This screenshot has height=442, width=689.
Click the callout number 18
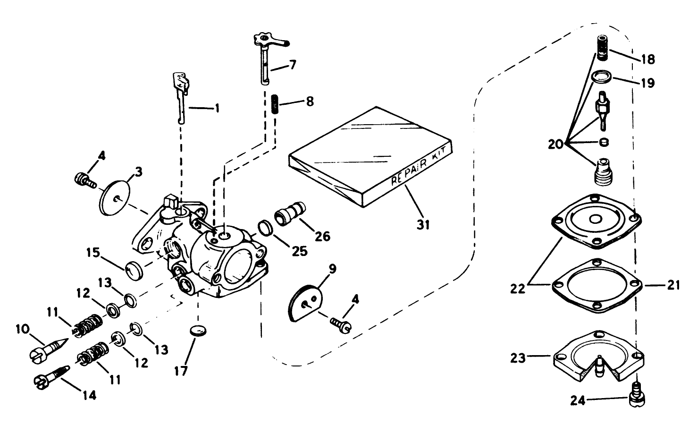click(647, 59)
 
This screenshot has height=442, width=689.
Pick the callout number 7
click(293, 65)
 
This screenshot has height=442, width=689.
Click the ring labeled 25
click(265, 229)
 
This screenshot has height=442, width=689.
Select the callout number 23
click(518, 358)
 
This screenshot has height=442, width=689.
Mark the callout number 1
click(217, 109)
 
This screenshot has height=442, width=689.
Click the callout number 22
click(518, 288)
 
